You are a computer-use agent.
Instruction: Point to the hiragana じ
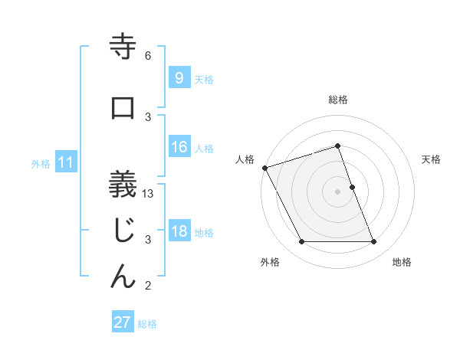click(123, 230)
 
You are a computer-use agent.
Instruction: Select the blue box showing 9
click(179, 78)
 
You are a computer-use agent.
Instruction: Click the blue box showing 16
click(179, 148)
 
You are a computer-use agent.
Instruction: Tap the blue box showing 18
click(179, 232)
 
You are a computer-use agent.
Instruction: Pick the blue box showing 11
click(65, 162)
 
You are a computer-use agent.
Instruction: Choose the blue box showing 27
click(123, 322)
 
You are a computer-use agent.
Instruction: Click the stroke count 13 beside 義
click(148, 194)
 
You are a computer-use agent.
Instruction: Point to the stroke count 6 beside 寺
click(148, 56)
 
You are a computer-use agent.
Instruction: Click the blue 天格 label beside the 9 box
click(204, 79)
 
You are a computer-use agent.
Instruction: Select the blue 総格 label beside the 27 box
click(147, 323)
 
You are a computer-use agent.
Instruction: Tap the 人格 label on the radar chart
click(245, 159)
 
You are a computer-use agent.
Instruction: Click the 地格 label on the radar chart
click(402, 262)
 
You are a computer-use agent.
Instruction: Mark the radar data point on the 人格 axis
click(264, 168)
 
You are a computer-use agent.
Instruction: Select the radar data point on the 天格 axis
click(352, 187)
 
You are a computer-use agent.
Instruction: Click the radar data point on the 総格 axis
click(337, 146)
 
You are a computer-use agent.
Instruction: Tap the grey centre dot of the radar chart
click(337, 191)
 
